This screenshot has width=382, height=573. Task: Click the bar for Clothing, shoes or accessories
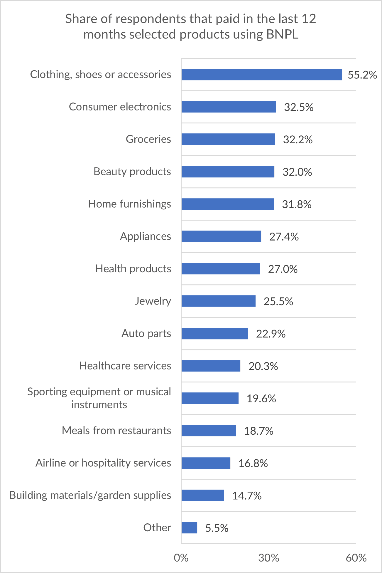[x=261, y=75]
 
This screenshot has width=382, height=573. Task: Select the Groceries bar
[x=228, y=139]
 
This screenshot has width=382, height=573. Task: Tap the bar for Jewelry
[x=218, y=301]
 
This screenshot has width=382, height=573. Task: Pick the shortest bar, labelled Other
[x=189, y=528]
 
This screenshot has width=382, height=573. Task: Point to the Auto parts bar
[x=214, y=334]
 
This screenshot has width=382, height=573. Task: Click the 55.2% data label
[x=362, y=75]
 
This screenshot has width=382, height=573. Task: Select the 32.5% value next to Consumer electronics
[x=298, y=107]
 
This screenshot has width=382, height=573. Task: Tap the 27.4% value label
[x=284, y=237]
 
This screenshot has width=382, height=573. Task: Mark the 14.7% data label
[x=247, y=496]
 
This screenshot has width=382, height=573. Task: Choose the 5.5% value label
[x=217, y=528]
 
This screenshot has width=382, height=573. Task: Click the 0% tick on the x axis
[x=181, y=558]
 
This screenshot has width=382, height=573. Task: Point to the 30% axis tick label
[x=268, y=558]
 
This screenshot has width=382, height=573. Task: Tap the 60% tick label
[x=356, y=558]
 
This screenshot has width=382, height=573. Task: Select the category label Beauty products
[x=132, y=172]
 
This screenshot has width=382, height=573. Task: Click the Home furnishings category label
[x=129, y=204]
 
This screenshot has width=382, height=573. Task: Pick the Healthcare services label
[x=125, y=366]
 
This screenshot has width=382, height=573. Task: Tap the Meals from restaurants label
[x=116, y=431]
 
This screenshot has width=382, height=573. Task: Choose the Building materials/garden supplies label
[x=90, y=495]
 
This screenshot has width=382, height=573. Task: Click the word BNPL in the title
[x=282, y=34]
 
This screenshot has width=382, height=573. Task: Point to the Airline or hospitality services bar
[x=206, y=463]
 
